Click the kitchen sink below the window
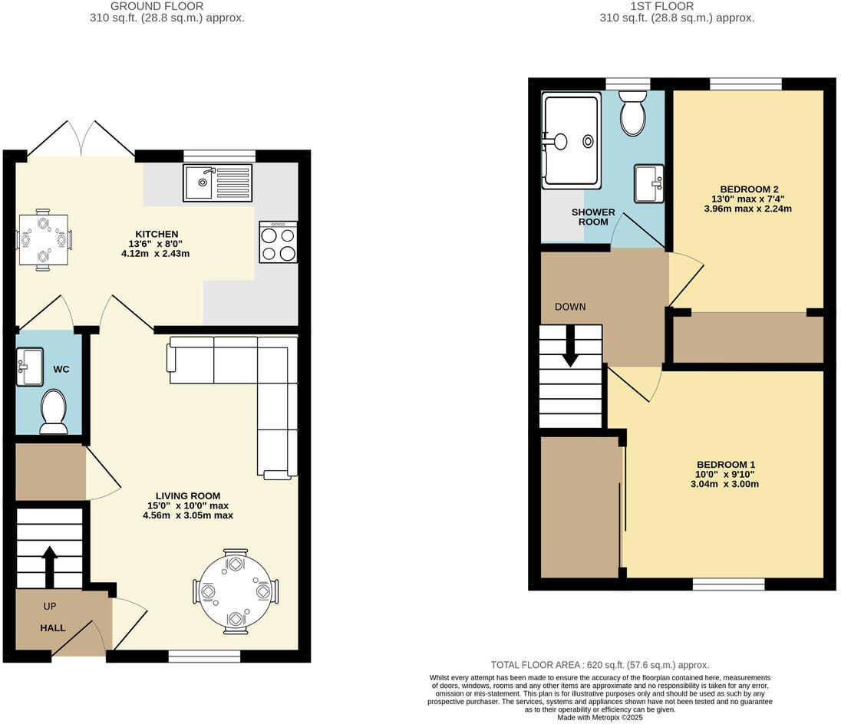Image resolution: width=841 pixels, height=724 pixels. [217, 183]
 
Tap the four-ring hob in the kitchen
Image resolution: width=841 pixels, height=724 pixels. [278, 242]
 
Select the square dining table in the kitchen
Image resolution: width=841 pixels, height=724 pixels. [45, 239]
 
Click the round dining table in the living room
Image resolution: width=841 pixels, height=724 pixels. [235, 591]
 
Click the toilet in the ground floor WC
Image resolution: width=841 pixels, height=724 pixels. [53, 411]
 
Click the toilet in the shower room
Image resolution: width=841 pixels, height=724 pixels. [634, 114]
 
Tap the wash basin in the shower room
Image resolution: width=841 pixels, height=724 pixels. [649, 183]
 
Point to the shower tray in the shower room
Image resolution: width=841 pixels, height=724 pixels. [570, 141]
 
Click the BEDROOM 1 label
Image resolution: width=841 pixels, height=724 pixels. [726, 464]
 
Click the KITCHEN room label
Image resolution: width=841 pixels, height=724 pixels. [157, 234]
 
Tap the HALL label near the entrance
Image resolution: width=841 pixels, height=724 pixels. [53, 627]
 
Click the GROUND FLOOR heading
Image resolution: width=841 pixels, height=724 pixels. [157, 6]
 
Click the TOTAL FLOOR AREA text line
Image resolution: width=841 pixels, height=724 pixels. [599, 665]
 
